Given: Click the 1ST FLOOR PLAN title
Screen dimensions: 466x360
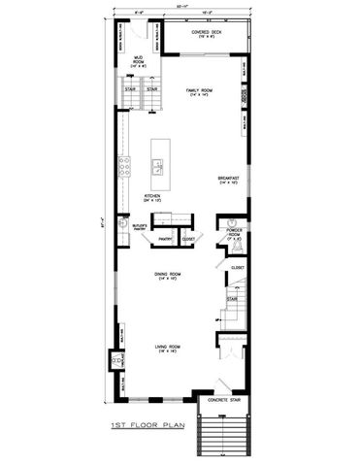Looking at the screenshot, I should point(147,425).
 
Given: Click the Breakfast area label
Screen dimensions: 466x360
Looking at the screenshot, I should point(229,181).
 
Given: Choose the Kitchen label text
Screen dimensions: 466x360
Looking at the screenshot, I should point(152,198).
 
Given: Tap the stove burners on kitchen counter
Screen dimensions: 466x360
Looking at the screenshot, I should point(124,166).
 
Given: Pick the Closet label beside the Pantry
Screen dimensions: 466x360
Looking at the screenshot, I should point(187,238).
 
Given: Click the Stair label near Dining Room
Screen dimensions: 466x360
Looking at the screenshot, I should point(233,299).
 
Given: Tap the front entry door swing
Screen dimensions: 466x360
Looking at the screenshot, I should point(225,382).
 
